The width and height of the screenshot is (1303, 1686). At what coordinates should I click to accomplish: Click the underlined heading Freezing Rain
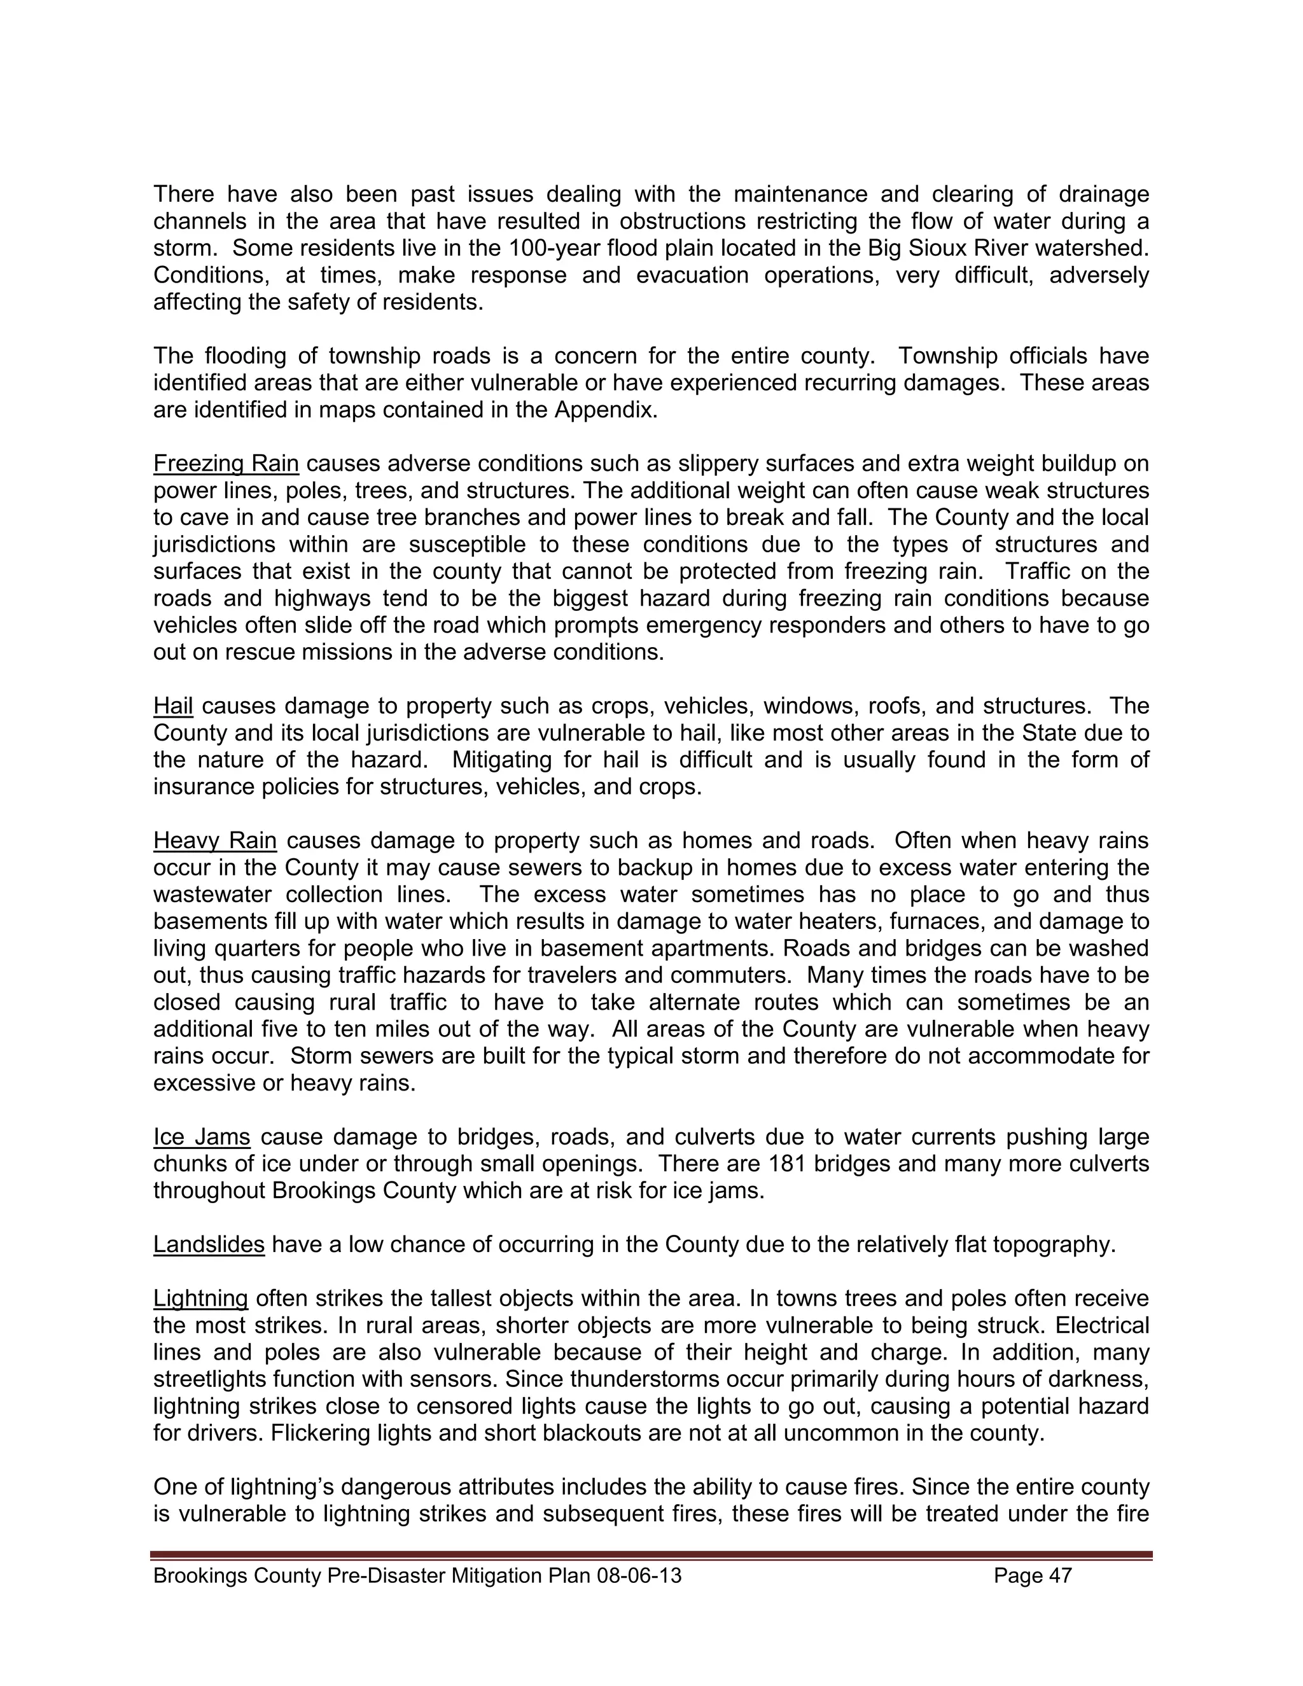[x=225, y=463]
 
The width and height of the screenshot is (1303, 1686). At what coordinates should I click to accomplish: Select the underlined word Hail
[x=173, y=706]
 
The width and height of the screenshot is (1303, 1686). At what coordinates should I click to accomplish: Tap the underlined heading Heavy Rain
[x=214, y=840]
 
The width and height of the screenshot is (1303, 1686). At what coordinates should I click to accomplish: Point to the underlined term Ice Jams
[x=202, y=1136]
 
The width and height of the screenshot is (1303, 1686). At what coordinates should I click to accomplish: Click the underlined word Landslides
[x=209, y=1244]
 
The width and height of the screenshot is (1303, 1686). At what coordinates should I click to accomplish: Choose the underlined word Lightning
[x=200, y=1299]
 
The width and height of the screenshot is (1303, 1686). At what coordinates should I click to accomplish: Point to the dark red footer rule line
[x=651, y=1555]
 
